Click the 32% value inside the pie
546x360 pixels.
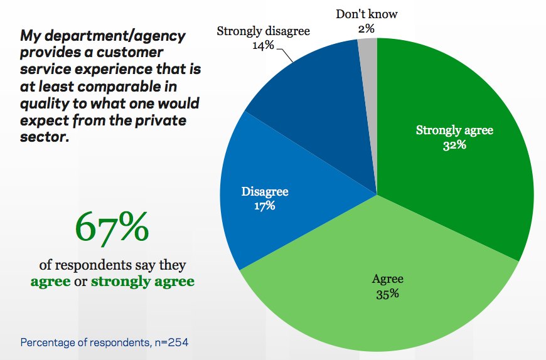pos(455,145)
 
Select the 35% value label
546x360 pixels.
pos(387,294)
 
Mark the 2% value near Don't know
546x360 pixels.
pos(366,28)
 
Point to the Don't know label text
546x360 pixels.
pos(367,14)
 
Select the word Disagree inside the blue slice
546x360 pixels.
pos(265,191)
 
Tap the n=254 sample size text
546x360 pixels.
pos(170,342)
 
